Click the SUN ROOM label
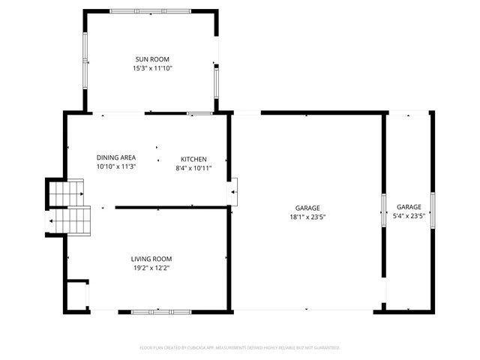pyautogui.click(x=152, y=58)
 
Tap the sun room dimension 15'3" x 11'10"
pyautogui.click(x=152, y=67)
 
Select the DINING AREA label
pyautogui.click(x=116, y=157)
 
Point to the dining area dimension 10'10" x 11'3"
pyautogui.click(x=116, y=166)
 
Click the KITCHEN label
pyautogui.click(x=193, y=159)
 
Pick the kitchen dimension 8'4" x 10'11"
pyautogui.click(x=193, y=168)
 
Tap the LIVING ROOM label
pyautogui.click(x=152, y=259)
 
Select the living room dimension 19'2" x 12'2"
pyautogui.click(x=152, y=268)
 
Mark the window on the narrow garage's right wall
pyautogui.click(x=433, y=208)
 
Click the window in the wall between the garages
pyautogui.click(x=384, y=208)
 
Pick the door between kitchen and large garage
pyautogui.click(x=232, y=191)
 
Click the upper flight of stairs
pyautogui.click(x=65, y=193)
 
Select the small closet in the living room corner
pyautogui.click(x=76, y=295)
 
